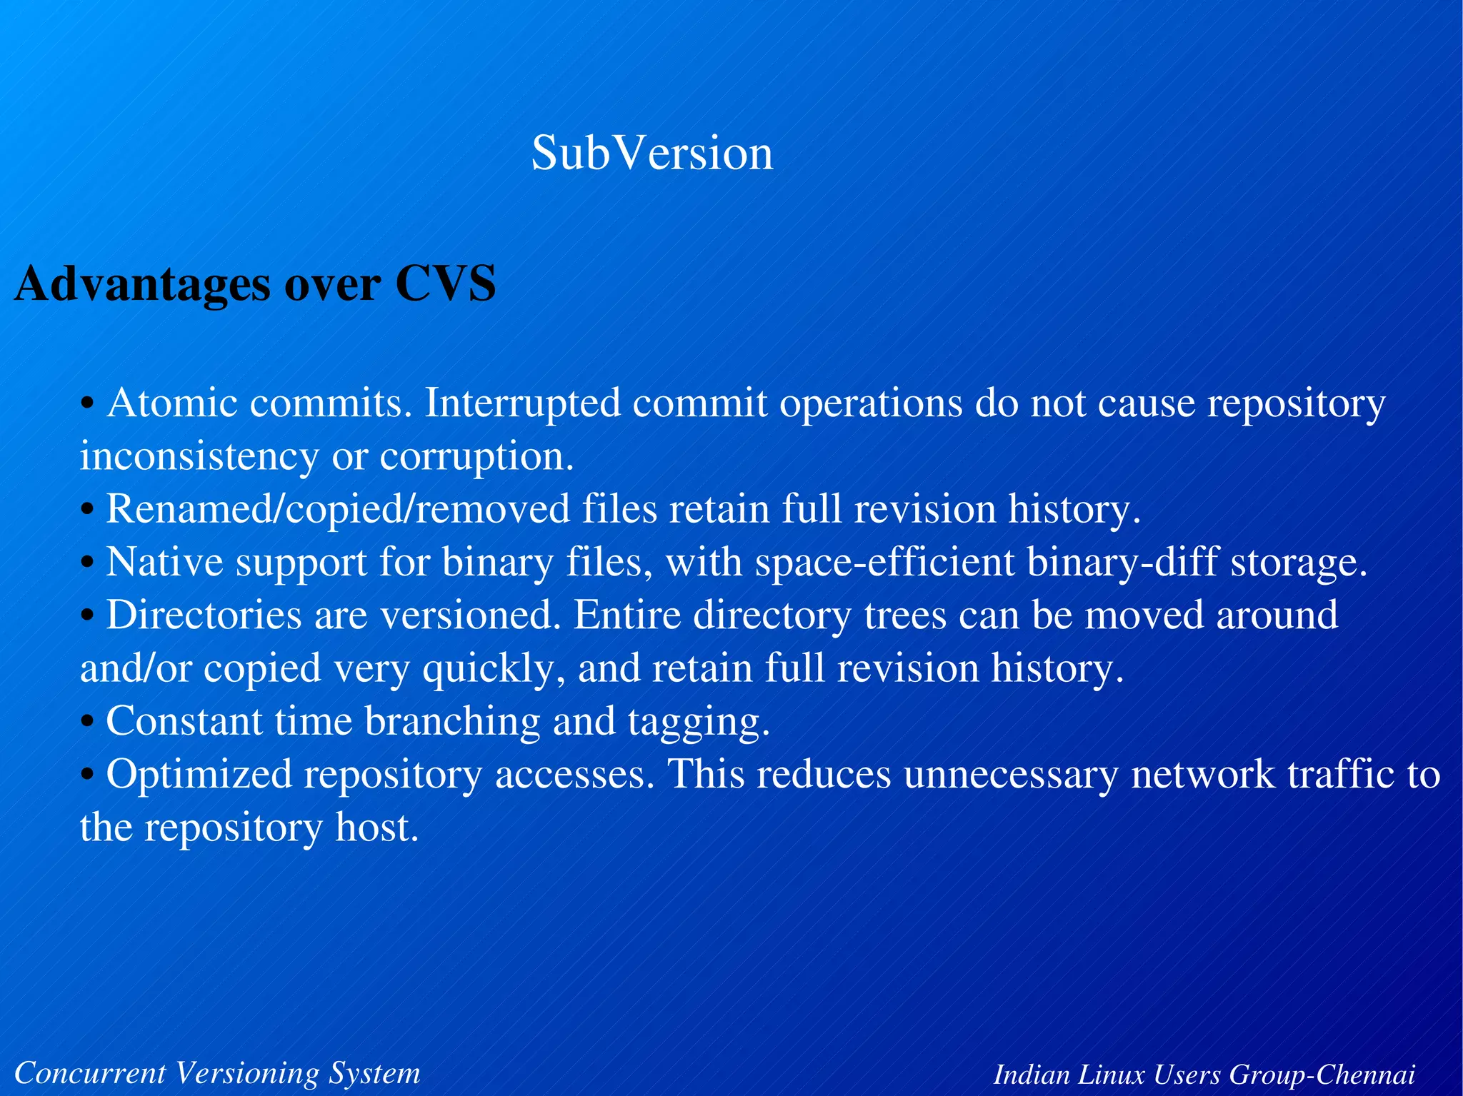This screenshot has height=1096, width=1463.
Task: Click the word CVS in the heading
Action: click(445, 284)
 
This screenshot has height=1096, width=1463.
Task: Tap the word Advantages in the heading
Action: click(143, 284)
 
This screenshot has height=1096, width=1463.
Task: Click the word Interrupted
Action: click(522, 403)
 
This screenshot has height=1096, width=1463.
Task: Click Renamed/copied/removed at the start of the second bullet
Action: click(337, 510)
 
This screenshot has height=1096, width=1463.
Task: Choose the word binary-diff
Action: click(1122, 562)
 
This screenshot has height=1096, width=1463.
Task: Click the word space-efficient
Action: click(884, 562)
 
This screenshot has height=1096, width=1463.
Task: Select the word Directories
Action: click(204, 615)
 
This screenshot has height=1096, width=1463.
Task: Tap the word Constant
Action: click(184, 721)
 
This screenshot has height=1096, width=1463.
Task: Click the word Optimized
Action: click(199, 775)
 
